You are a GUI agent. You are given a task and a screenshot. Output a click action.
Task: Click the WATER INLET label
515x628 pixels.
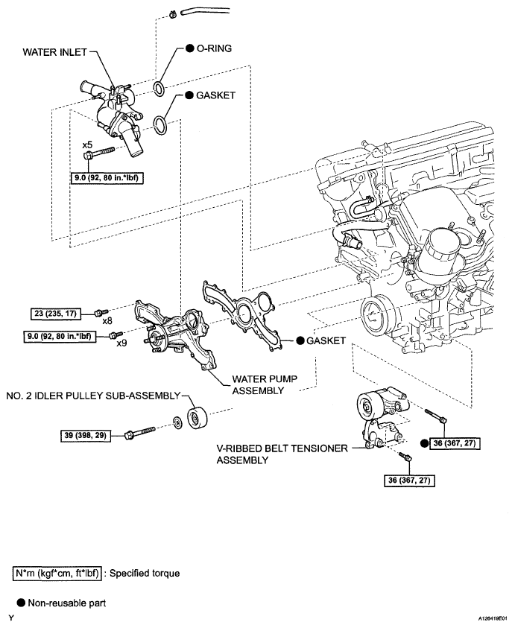tap(54, 52)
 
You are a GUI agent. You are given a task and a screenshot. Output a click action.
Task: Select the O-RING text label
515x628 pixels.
tap(214, 48)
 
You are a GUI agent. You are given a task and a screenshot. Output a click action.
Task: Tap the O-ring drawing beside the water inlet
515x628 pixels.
tap(159, 89)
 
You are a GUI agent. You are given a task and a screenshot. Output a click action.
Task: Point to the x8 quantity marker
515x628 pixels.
tap(107, 321)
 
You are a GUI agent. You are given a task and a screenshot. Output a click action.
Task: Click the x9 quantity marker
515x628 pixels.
tap(121, 343)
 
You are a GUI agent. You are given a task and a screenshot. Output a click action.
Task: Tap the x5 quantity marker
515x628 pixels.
tap(87, 145)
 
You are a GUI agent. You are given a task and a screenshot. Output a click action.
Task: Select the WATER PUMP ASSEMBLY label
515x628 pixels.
tap(265, 385)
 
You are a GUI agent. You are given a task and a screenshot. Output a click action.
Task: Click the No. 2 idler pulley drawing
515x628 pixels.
tap(198, 418)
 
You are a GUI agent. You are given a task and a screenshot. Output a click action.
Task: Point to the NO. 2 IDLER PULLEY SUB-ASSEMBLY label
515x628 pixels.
tap(93, 396)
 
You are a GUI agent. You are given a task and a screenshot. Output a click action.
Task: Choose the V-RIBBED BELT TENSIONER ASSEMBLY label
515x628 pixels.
tap(282, 454)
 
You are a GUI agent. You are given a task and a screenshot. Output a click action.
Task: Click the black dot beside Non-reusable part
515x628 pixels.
tap(21, 603)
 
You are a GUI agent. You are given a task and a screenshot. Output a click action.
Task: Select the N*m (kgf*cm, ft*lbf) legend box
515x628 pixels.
tap(57, 574)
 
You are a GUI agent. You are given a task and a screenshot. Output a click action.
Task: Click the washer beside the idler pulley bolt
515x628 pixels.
tap(176, 422)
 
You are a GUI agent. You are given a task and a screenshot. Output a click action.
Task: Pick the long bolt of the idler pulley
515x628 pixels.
tap(140, 433)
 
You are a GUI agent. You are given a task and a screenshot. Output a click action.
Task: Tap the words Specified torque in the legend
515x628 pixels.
tap(145, 574)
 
